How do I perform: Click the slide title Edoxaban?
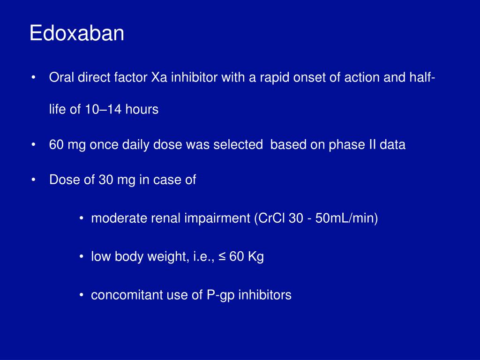76,34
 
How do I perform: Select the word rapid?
270,78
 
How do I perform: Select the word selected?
238,145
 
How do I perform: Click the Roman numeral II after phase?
372,145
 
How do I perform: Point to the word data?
393,145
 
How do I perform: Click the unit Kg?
256,257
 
